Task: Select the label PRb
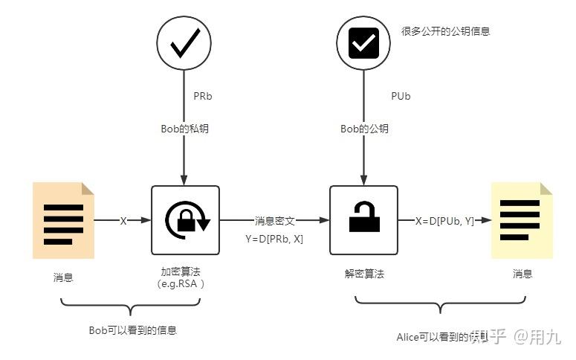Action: pyautogui.click(x=203, y=96)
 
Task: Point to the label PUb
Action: pyautogui.click(x=401, y=96)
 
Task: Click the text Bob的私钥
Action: pyautogui.click(x=184, y=129)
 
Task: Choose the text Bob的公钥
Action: pyautogui.click(x=364, y=129)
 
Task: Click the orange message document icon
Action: pyautogui.click(x=63, y=220)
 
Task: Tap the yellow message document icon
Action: pyautogui.click(x=522, y=220)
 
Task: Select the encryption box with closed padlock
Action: pyautogui.click(x=185, y=220)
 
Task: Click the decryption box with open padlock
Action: pyautogui.click(x=364, y=220)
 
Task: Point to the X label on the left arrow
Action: pyautogui.click(x=123, y=221)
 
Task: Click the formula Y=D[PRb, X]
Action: pyautogui.click(x=274, y=239)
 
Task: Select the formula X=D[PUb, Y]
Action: pyautogui.click(x=444, y=221)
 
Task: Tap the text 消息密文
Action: pyautogui.click(x=275, y=221)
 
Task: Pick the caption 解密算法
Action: pyautogui.click(x=364, y=274)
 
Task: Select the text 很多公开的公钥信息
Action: pyautogui.click(x=445, y=31)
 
